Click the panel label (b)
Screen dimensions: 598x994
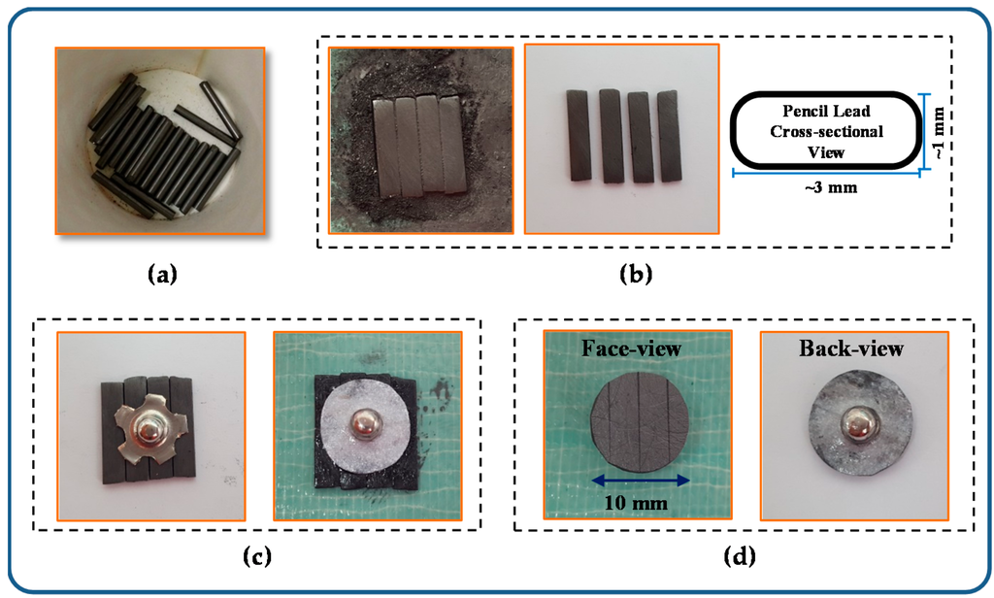636,274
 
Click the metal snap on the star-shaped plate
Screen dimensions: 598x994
154,427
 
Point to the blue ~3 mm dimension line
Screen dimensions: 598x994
825,174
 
